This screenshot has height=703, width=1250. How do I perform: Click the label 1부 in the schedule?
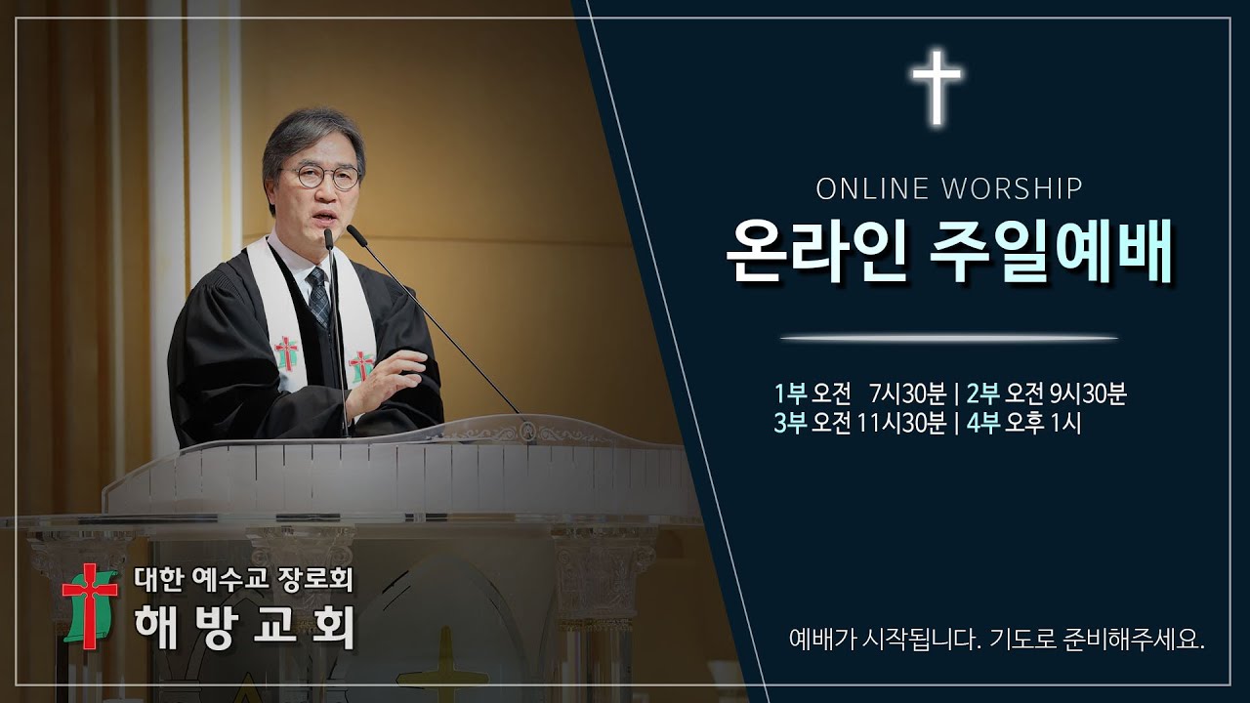(x=790, y=393)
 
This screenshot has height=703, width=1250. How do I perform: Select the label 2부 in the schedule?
(x=983, y=393)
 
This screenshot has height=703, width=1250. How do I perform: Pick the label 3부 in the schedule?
(x=790, y=424)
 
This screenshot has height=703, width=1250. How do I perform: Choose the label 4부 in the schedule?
(x=983, y=424)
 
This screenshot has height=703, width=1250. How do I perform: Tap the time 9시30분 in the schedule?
(x=1088, y=393)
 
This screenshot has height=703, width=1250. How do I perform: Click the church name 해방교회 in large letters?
(x=245, y=629)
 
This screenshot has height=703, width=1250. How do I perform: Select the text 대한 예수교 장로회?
(x=243, y=582)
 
